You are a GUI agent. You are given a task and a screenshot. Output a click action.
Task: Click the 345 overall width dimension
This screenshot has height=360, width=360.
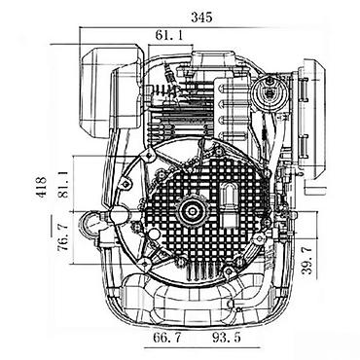pyautogui.click(x=201, y=17)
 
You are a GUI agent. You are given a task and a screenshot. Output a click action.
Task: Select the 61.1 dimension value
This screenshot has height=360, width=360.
pyautogui.click(x=169, y=35)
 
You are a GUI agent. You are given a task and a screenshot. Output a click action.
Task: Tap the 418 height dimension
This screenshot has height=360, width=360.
pyautogui.click(x=42, y=187)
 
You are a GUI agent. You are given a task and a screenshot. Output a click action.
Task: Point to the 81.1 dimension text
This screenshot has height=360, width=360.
pyautogui.click(x=63, y=185)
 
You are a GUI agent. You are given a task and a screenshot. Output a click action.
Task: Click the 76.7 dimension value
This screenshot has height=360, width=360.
pyautogui.click(x=62, y=236)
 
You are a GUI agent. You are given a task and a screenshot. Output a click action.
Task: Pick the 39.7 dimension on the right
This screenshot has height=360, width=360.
pyautogui.click(x=306, y=261)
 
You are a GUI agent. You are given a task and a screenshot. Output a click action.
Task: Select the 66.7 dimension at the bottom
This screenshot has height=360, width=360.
pyautogui.click(x=167, y=338)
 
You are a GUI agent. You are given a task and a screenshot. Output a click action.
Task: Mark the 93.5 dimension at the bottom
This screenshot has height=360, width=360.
pyautogui.click(x=227, y=338)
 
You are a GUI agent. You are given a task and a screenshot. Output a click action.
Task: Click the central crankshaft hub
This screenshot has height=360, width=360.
pyautogui.click(x=194, y=211)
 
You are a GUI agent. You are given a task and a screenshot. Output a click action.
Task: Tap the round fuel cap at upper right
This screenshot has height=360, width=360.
pyautogui.click(x=270, y=91)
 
